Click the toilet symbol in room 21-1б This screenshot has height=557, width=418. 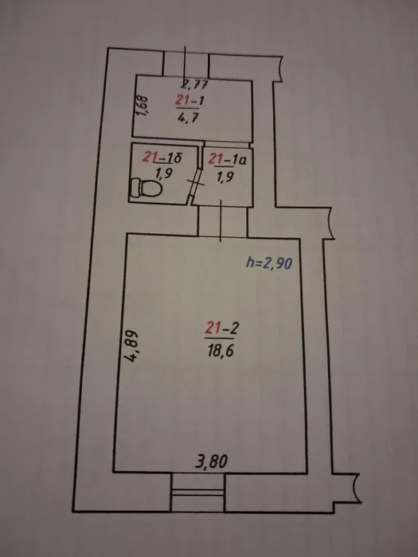pyautogui.click(x=146, y=188)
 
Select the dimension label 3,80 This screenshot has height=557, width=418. pyautogui.click(x=212, y=462)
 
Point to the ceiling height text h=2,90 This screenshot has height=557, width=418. pyautogui.click(x=269, y=263)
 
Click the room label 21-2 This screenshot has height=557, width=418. pyautogui.click(x=221, y=328)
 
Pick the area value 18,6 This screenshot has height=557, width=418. pyautogui.click(x=221, y=351)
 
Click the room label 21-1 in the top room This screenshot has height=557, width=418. pyautogui.click(x=189, y=100)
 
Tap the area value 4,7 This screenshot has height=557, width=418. pyautogui.click(x=188, y=117)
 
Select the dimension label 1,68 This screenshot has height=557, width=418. pyautogui.click(x=143, y=106)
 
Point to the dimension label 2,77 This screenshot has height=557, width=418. pyautogui.click(x=195, y=84)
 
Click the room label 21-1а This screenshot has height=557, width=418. pyautogui.click(x=227, y=159)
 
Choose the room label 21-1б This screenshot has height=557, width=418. pyautogui.click(x=162, y=157)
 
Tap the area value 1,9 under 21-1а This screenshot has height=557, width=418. pyautogui.click(x=225, y=176)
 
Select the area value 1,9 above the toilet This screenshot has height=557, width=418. pyautogui.click(x=164, y=173)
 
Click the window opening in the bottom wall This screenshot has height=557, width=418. pyautogui.click(x=197, y=493)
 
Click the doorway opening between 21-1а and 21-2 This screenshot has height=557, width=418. pyautogui.click(x=222, y=222)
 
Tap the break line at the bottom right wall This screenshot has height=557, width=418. pyautogui.click(x=355, y=489)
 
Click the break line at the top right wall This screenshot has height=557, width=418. pyautogui.click(x=280, y=69)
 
